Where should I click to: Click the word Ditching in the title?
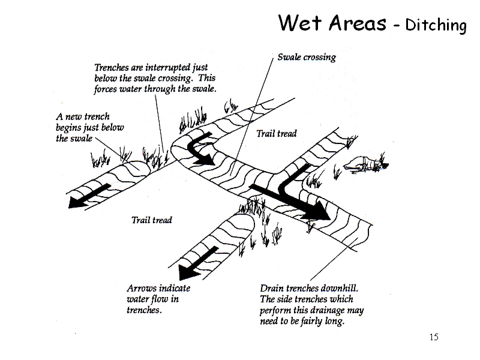coord(436,25)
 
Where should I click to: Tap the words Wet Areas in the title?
coord(332,23)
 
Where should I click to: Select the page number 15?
coord(434,337)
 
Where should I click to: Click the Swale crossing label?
coord(306,58)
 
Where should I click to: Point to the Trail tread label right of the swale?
coord(276,133)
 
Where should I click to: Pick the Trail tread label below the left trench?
coord(151,220)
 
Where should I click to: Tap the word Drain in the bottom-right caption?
coord(272,289)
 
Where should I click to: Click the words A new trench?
coord(83,117)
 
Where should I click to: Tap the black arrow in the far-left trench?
coord(89,196)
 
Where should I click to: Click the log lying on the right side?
coord(364,163)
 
